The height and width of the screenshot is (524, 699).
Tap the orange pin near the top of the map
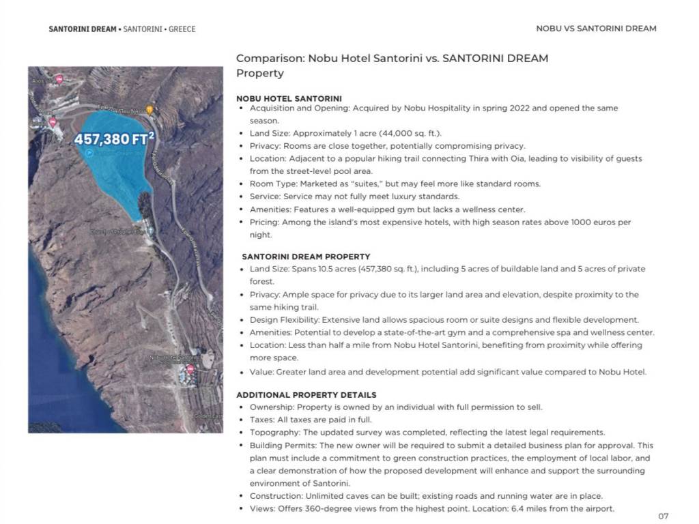149,109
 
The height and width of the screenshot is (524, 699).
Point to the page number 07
664,516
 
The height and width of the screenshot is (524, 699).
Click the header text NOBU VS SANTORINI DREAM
596,29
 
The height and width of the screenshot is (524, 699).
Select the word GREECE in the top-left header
182,29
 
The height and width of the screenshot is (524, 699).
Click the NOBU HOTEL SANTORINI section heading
289,98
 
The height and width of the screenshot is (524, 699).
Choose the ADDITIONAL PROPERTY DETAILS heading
306,394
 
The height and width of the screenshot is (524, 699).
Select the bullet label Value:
262,372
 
